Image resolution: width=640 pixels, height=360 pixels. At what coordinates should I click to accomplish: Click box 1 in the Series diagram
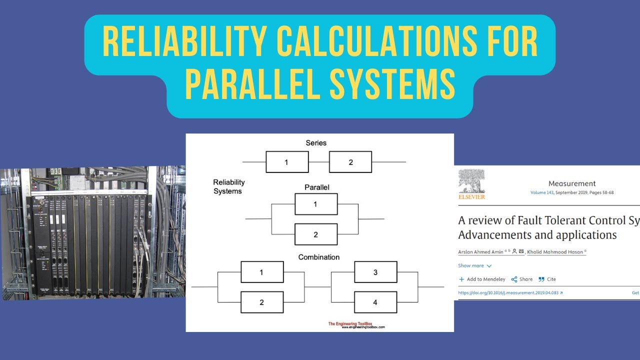(x=287, y=162)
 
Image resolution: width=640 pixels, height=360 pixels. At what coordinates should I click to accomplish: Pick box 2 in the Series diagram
(x=350, y=162)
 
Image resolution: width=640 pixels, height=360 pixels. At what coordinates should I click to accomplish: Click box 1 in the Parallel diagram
(x=315, y=204)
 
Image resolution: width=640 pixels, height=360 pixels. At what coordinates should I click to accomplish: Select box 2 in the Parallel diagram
(x=315, y=234)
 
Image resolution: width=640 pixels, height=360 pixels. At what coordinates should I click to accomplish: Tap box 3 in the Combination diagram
(x=375, y=272)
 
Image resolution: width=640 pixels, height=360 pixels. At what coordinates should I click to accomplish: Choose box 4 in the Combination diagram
(x=375, y=302)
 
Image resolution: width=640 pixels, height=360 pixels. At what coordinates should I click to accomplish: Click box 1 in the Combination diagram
(x=262, y=272)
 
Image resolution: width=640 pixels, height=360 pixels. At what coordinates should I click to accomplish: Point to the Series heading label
(x=316, y=143)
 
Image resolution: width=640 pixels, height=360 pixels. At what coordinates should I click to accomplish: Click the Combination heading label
(x=318, y=257)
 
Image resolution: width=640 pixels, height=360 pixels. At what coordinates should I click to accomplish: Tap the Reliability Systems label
(x=228, y=186)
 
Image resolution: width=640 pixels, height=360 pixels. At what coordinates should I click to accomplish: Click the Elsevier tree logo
(x=471, y=181)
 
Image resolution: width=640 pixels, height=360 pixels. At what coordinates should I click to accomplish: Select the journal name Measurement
(x=572, y=183)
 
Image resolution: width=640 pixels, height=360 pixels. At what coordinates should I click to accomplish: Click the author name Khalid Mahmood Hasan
(x=555, y=252)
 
